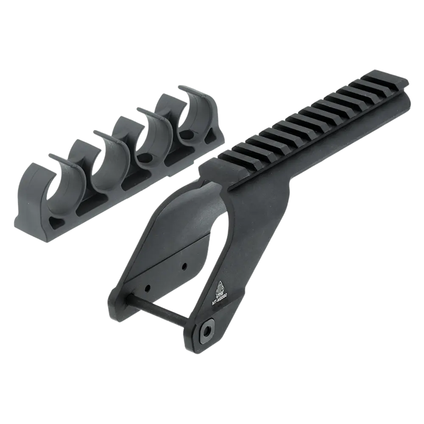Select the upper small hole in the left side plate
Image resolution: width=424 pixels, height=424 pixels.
pos(185,265)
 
